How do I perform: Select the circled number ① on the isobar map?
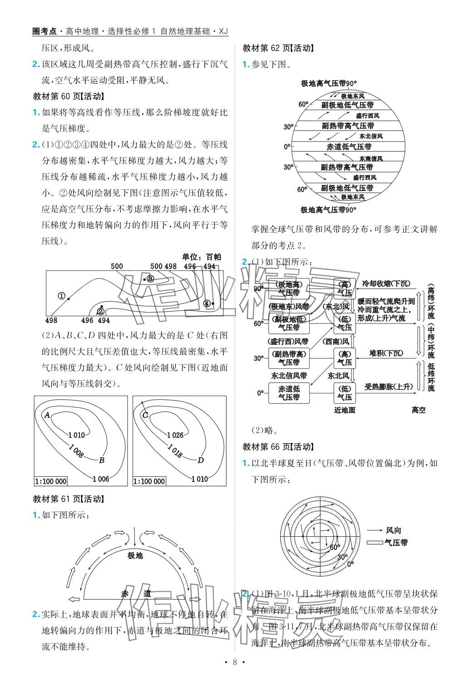(x=62, y=296)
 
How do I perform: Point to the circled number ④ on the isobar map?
(x=207, y=303)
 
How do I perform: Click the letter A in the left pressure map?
(x=47, y=414)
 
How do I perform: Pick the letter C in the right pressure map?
(x=145, y=414)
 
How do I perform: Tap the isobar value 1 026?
(x=175, y=435)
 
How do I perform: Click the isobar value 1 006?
(x=100, y=479)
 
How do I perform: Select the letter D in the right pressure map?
(x=200, y=460)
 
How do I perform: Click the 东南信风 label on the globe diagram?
(x=371, y=158)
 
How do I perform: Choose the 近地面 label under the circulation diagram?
(x=345, y=410)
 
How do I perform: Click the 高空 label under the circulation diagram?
(x=419, y=410)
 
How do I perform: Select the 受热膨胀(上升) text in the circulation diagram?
(x=389, y=387)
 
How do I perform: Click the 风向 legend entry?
(x=393, y=530)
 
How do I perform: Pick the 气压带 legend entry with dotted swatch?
(x=396, y=542)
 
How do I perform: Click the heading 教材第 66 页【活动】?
(x=278, y=446)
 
